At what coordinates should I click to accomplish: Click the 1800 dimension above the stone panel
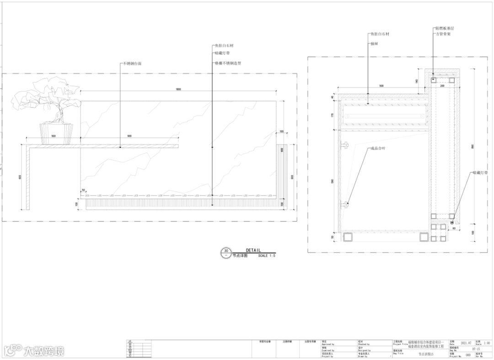(x=178, y=89)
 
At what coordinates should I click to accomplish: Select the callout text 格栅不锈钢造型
(x=227, y=63)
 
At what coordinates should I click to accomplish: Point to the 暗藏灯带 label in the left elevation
(x=222, y=53)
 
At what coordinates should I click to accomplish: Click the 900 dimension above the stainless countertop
(x=129, y=136)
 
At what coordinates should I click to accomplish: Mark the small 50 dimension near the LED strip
(x=83, y=190)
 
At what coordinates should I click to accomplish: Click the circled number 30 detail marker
(x=226, y=251)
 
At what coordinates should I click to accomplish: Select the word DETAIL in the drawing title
(x=253, y=250)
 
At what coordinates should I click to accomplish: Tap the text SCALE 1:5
(x=267, y=256)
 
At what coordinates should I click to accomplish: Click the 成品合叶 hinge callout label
(x=378, y=148)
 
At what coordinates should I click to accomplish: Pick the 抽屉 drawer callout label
(x=374, y=44)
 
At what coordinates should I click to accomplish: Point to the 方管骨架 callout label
(x=442, y=34)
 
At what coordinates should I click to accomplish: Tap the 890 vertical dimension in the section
(x=473, y=146)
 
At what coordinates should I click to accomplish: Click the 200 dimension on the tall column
(x=442, y=86)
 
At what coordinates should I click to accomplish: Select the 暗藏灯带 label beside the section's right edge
(x=480, y=173)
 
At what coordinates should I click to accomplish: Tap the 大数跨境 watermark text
(x=44, y=351)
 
